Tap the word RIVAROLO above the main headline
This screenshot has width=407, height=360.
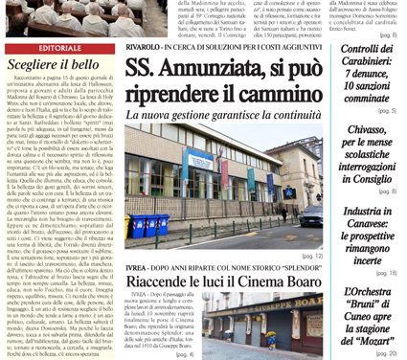click(x=147, y=45)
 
